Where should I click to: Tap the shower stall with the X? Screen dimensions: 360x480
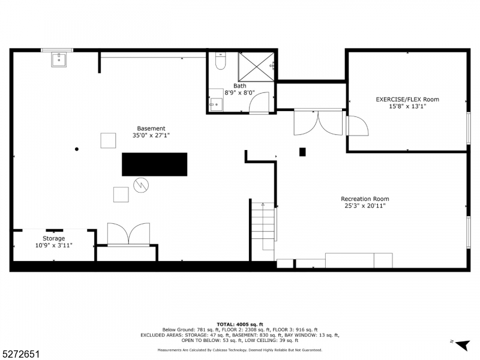pos(256,66)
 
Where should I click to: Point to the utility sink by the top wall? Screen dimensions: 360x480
pos(59,59)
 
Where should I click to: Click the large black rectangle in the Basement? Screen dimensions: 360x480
pos(154,164)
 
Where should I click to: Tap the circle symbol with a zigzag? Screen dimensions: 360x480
pos(140,184)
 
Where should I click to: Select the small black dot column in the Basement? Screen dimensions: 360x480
pos(77,149)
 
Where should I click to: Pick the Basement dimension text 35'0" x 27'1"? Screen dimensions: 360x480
pos(151,136)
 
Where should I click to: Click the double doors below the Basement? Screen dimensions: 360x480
pos(128,234)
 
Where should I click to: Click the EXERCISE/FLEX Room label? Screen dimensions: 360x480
pos(407,100)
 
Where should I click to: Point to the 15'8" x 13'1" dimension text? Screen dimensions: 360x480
pos(407,107)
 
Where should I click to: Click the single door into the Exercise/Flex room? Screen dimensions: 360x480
pos(358,126)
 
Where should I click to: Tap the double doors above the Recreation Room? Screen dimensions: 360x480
pos(317,122)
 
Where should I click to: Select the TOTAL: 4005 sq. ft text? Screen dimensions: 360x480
pos(240,324)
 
